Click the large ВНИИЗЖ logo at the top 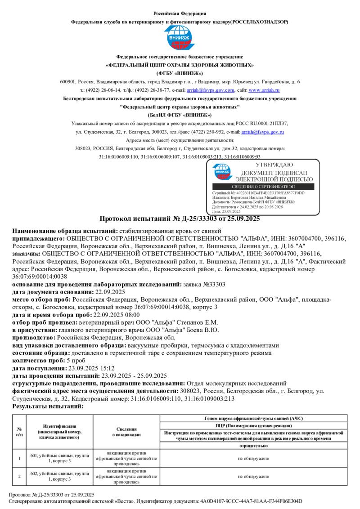click(x=180, y=38)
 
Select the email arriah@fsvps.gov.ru click(x=262, y=132)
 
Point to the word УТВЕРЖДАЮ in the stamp click(x=274, y=165)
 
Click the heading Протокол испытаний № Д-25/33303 click(x=180, y=219)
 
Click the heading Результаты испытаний click(x=48, y=406)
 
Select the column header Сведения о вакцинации click(x=126, y=432)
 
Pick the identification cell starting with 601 click(x=59, y=458)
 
